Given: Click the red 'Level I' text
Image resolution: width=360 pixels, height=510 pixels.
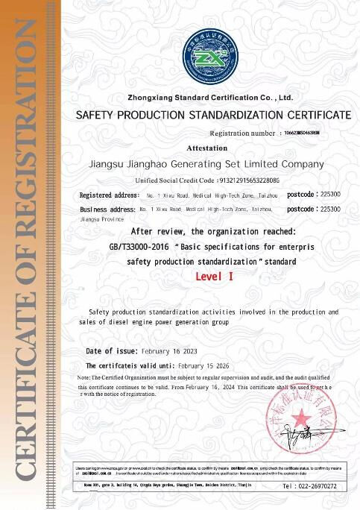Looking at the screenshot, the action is [x=215, y=277].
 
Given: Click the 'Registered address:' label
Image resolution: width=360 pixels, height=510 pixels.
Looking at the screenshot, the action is [x=109, y=195].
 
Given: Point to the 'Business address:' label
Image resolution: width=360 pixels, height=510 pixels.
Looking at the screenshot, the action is [x=107, y=210].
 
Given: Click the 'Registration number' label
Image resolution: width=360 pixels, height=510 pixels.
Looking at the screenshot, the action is [x=242, y=133].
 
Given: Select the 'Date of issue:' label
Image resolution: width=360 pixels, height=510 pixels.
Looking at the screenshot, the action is [x=112, y=350].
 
